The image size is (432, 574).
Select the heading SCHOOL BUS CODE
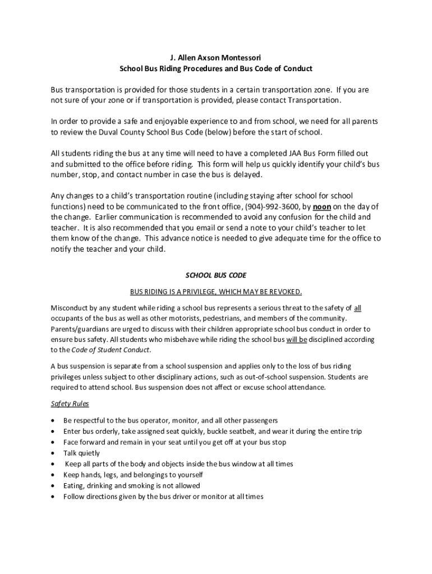tap(216, 276)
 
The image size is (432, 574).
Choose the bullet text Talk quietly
tap(81, 453)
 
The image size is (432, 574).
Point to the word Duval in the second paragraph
tap(107, 132)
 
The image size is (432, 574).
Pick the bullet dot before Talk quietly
tap(53, 453)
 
